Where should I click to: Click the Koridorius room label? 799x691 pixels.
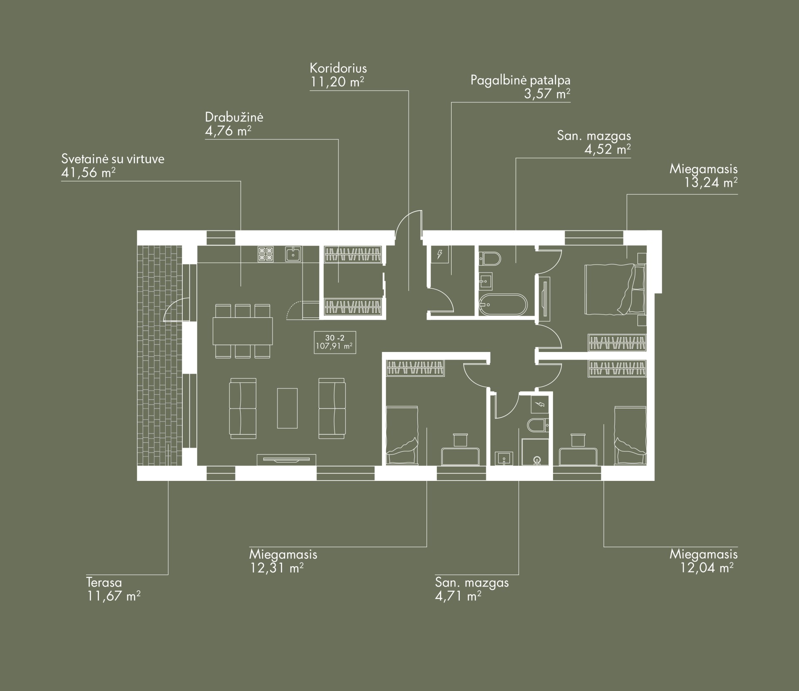(x=338, y=68)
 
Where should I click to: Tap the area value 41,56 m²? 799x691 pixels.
(x=88, y=172)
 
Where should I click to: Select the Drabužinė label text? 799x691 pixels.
(x=234, y=117)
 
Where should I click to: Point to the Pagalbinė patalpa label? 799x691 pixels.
(x=520, y=80)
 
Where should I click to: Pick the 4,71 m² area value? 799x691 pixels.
(x=458, y=596)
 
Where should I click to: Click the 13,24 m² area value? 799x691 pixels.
(x=711, y=183)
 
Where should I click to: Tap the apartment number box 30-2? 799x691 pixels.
(x=335, y=342)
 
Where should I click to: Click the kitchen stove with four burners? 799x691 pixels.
(x=266, y=254)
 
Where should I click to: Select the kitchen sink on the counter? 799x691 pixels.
(x=293, y=254)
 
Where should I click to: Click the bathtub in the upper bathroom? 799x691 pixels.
(x=503, y=305)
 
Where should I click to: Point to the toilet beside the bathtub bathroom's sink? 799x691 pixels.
(x=490, y=259)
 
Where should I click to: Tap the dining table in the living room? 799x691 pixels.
(x=243, y=331)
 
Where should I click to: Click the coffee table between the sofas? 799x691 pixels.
(x=288, y=408)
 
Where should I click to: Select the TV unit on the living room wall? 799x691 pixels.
(x=287, y=459)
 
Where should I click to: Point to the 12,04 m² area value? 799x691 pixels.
(x=707, y=567)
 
